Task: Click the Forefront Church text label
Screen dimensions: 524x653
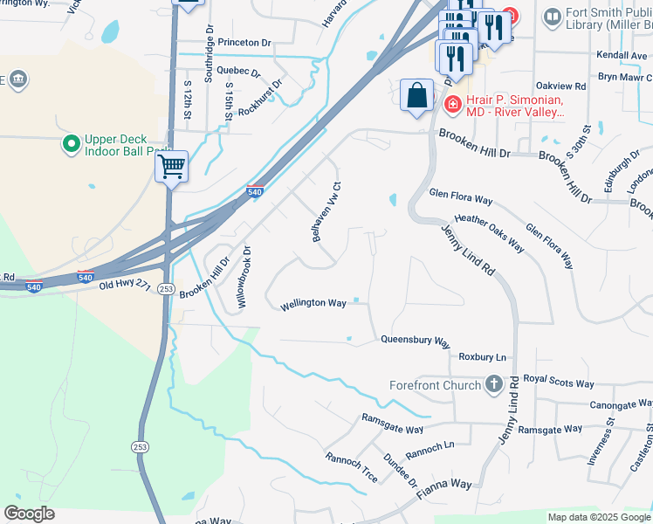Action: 435,385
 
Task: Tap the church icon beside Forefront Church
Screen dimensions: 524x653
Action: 494,384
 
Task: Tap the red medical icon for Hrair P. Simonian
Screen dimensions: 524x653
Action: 452,106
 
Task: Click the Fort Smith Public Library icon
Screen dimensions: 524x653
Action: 552,17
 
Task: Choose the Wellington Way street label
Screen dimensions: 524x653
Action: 313,305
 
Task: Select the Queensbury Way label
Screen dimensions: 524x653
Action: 415,341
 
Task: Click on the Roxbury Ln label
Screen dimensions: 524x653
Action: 482,357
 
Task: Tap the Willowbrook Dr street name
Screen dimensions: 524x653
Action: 243,278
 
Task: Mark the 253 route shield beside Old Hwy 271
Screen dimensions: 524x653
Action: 166,289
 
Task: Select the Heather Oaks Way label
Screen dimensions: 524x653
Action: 489,233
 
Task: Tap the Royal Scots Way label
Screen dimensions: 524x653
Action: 559,383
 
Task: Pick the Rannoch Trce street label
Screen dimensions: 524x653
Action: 350,470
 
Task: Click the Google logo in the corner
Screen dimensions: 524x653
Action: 29,514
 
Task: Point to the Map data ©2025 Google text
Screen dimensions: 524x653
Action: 598,517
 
